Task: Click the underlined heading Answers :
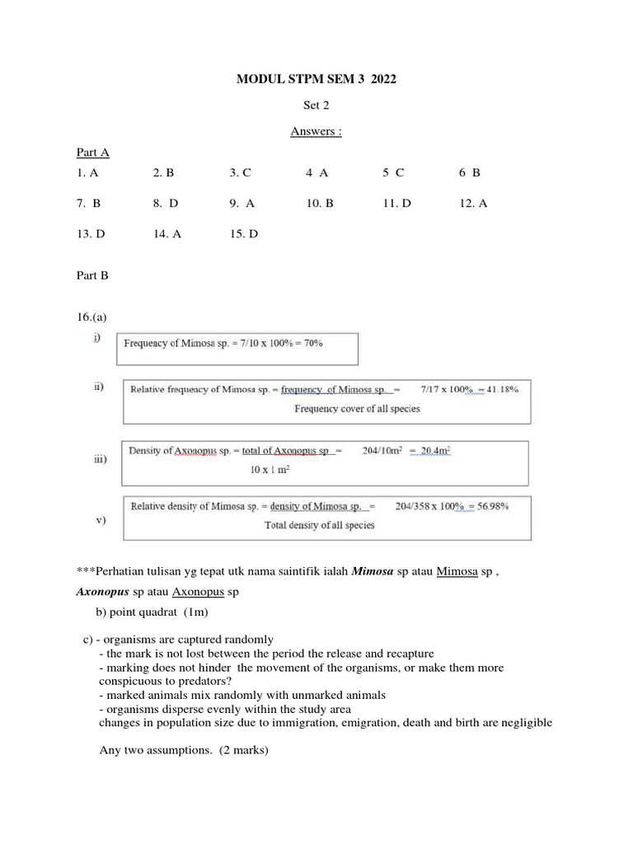[316, 132]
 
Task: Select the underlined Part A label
[92, 152]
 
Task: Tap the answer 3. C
[240, 173]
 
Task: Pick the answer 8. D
[165, 204]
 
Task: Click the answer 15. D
[244, 234]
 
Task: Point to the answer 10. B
[320, 204]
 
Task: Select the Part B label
[92, 275]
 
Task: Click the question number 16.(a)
[91, 316]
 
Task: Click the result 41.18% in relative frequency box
[500, 390]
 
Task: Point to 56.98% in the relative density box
[490, 506]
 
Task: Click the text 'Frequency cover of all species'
[357, 408]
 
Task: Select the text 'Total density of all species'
[319, 525]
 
